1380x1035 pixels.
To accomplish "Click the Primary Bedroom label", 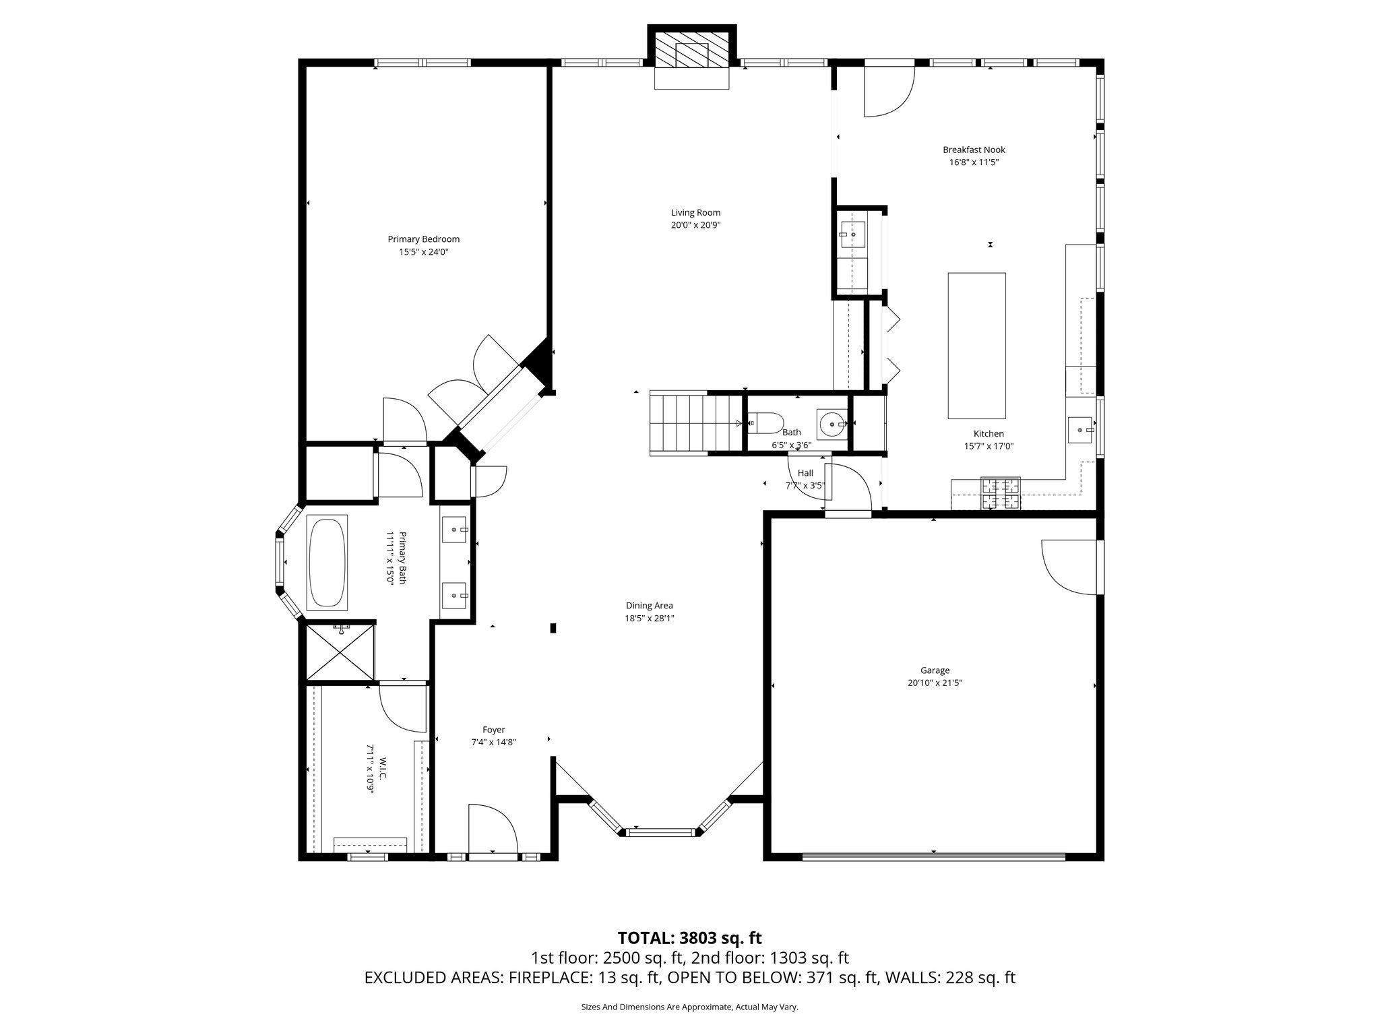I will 423,239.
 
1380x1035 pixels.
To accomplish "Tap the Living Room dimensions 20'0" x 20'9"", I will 695,226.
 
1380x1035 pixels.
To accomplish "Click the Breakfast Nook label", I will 974,150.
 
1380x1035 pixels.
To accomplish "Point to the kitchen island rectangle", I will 976,346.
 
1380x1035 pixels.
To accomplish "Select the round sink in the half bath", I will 833,424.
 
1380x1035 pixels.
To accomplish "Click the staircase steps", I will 694,423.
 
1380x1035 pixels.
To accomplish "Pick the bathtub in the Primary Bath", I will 327,563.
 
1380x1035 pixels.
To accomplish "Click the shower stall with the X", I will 340,652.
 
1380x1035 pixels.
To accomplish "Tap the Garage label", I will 935,670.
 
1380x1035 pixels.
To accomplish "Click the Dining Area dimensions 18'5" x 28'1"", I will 649,618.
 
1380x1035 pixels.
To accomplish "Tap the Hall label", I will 805,473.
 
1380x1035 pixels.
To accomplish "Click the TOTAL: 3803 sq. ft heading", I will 689,938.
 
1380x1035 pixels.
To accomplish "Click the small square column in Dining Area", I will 553,628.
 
